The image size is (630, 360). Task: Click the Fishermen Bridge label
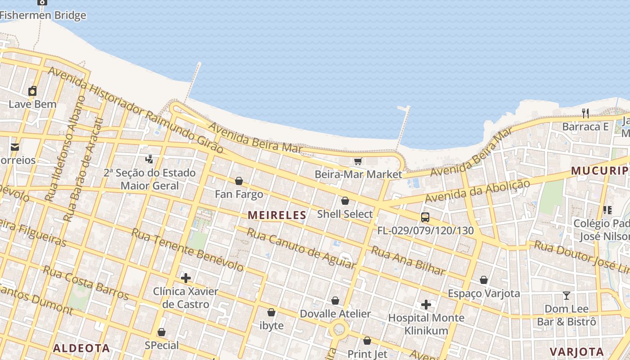click(43, 15)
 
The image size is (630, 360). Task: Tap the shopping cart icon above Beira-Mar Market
click(358, 161)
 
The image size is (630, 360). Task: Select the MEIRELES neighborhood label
click(277, 215)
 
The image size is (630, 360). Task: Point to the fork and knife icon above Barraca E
click(585, 113)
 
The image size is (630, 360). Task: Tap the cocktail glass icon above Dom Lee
click(567, 296)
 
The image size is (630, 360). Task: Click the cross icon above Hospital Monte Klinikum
click(426, 305)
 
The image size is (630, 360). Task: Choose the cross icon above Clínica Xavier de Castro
click(185, 278)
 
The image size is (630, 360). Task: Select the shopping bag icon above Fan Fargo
click(239, 181)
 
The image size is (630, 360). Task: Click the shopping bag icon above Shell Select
click(345, 201)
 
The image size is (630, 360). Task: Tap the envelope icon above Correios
click(15, 147)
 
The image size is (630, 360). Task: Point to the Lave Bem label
click(33, 104)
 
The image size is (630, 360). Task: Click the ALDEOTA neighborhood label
click(81, 348)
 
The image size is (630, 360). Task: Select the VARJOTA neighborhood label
click(577, 351)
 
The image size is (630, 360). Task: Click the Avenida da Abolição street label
click(478, 191)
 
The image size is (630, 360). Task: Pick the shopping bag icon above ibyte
click(271, 312)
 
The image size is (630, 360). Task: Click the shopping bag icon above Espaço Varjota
click(484, 280)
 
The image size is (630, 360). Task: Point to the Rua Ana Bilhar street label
click(408, 261)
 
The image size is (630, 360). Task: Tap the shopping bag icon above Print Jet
click(367, 341)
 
